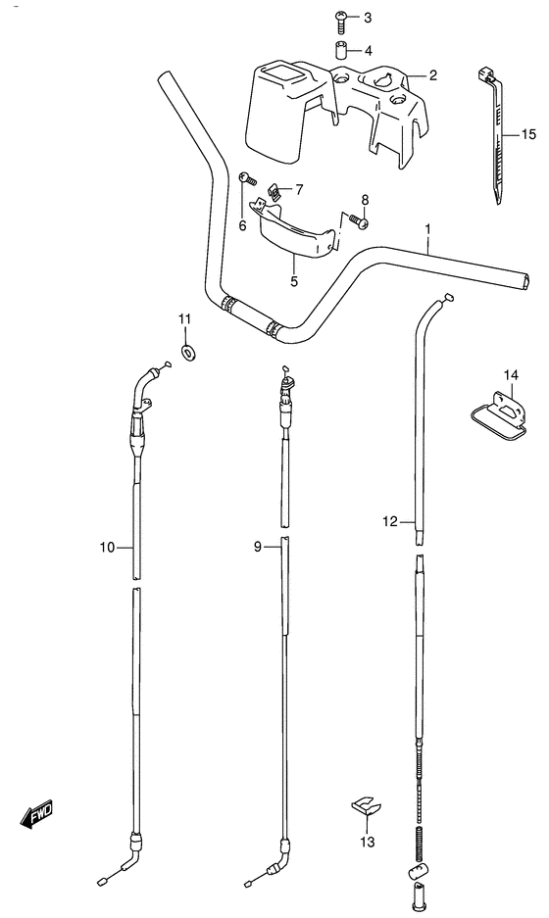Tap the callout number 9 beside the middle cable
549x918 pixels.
point(258,548)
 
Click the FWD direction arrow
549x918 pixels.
point(37,812)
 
